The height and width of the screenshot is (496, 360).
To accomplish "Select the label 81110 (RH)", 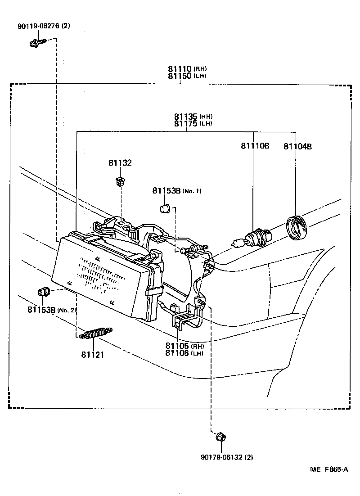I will (x=187, y=69).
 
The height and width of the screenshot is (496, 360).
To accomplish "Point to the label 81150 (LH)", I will (x=187, y=76).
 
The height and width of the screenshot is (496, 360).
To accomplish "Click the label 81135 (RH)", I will (x=193, y=117).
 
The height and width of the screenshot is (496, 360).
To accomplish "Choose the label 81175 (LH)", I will (x=193, y=123).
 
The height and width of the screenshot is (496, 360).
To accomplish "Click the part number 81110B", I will (x=255, y=146).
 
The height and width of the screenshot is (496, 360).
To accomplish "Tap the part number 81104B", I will (x=297, y=146).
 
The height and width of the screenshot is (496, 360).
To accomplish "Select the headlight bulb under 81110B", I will (x=256, y=237).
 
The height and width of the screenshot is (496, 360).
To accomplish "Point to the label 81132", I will (x=120, y=163).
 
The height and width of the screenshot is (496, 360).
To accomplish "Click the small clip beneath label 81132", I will (x=119, y=182).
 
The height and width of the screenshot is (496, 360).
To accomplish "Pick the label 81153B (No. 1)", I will (x=176, y=191).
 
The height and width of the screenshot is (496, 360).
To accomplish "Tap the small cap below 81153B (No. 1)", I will (x=165, y=208).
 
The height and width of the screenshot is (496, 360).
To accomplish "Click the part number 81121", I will (x=93, y=355).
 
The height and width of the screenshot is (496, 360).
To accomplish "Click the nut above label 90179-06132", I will (x=220, y=437).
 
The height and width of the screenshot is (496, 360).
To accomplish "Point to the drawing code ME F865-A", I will (x=328, y=469).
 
